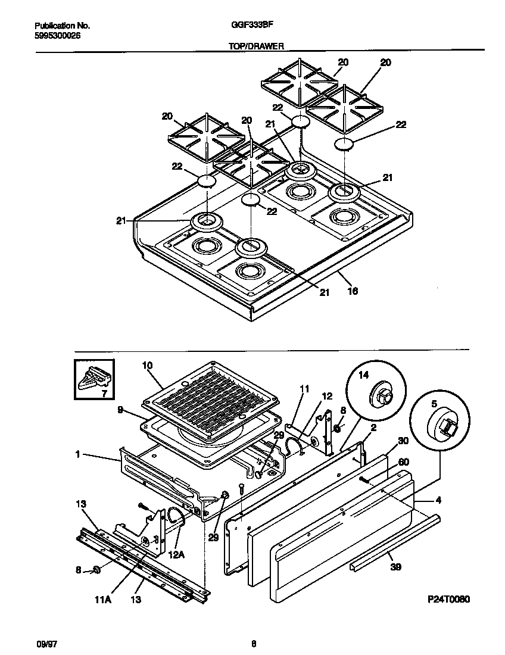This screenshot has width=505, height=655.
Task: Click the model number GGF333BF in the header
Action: point(248,26)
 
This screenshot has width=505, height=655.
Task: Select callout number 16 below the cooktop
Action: point(353,292)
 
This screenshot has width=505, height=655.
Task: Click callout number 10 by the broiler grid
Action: point(148,365)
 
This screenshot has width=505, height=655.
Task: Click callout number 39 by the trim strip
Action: point(394,567)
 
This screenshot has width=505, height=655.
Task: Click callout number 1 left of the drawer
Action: point(78,454)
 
